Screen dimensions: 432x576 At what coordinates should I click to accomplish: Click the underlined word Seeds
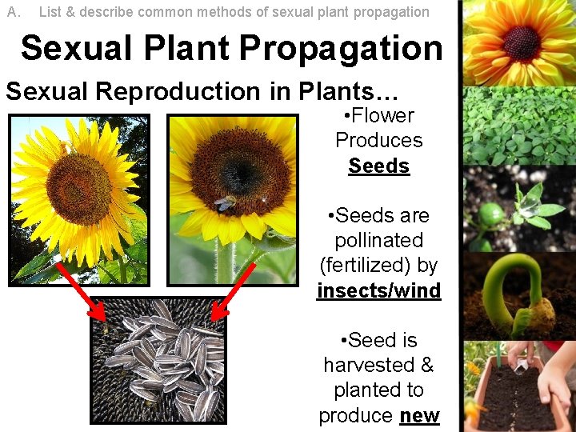[x=378, y=166]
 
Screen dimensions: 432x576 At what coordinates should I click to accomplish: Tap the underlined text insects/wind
[x=378, y=290]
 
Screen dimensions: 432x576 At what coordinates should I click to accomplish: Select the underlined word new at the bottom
[x=419, y=415]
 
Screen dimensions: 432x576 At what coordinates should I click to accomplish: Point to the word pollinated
[x=378, y=240]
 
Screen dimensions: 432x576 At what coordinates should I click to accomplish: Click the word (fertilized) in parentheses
[x=378, y=265]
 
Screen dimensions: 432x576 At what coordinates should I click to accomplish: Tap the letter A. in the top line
[x=14, y=12]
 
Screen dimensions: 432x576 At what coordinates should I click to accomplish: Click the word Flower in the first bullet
[x=382, y=115]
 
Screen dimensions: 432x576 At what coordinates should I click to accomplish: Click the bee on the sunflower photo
[x=226, y=203]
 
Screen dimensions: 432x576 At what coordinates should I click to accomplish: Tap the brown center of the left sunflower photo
[x=78, y=189]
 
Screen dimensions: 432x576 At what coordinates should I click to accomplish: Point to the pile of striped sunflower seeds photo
[x=158, y=362]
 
